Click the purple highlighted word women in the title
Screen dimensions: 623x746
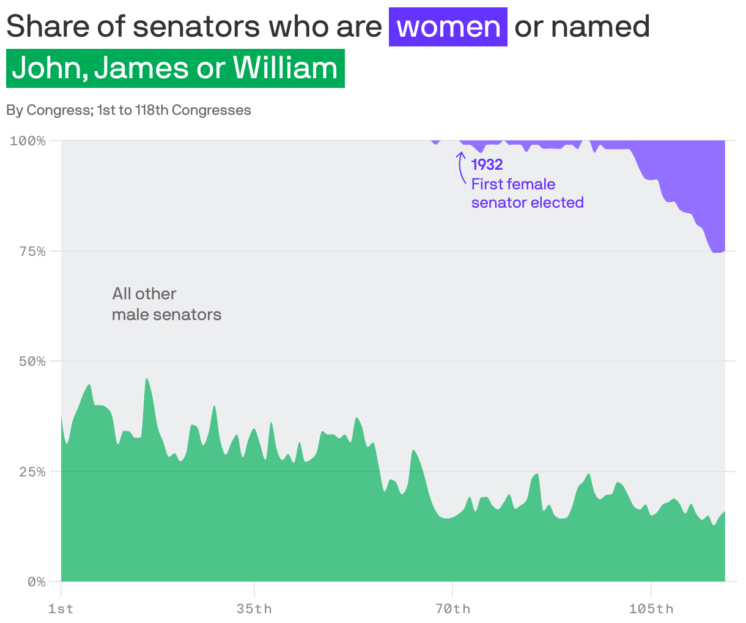click(448, 27)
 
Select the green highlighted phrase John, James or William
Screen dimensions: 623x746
click(175, 68)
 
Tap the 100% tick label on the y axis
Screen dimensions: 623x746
click(28, 141)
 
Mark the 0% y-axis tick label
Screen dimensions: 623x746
click(36, 581)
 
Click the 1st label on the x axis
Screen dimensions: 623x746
click(61, 609)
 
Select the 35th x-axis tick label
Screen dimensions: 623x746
click(254, 609)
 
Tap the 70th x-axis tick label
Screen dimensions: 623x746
click(452, 609)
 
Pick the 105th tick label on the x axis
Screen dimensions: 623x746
click(651, 609)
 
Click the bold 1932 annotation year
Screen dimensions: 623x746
click(487, 164)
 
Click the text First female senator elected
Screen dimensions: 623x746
click(526, 193)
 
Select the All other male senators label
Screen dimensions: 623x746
click(166, 304)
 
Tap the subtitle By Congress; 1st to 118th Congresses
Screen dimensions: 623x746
click(128, 110)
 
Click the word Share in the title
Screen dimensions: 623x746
click(46, 27)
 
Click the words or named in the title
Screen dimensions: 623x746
click(582, 27)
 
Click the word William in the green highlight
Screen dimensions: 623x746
click(285, 68)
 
